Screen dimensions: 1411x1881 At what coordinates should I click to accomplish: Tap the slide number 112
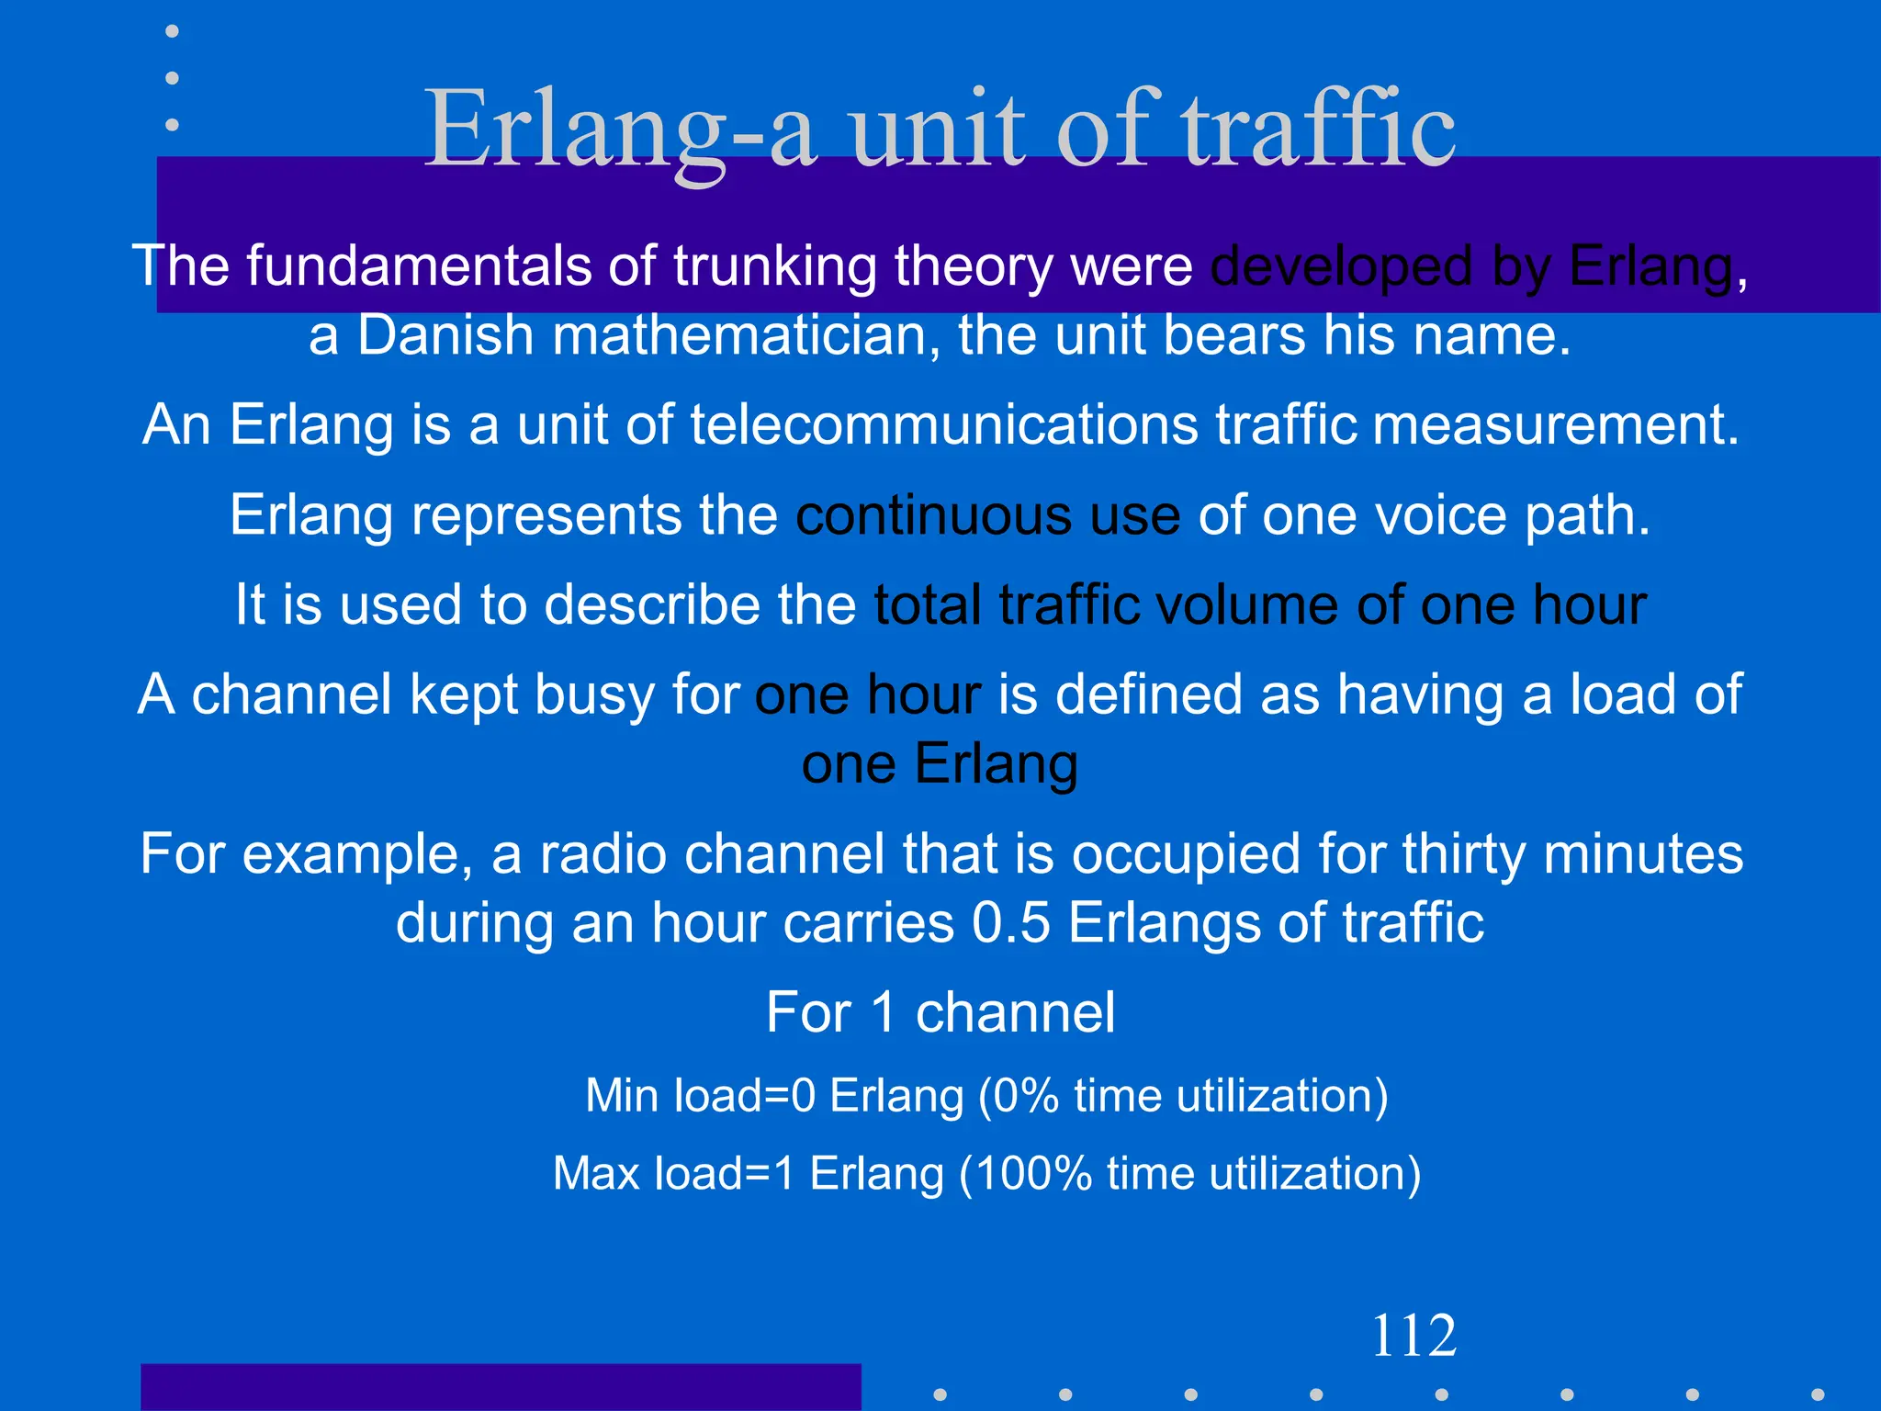tap(1414, 1336)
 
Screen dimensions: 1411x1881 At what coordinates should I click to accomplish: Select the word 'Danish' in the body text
tap(445, 335)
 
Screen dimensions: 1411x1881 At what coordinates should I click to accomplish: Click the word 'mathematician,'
tap(746, 335)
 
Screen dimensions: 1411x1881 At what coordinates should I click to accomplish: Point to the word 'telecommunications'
tap(943, 425)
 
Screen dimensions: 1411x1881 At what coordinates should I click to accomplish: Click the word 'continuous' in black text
tap(933, 515)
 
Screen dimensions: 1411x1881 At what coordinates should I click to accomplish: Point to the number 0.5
tap(1010, 923)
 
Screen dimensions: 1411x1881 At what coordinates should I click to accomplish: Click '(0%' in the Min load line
tap(1019, 1096)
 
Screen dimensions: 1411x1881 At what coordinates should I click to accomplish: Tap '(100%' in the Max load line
tap(1024, 1174)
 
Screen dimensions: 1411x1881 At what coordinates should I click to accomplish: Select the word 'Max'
tap(596, 1174)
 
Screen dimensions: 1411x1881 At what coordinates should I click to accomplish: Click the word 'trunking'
tap(774, 267)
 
